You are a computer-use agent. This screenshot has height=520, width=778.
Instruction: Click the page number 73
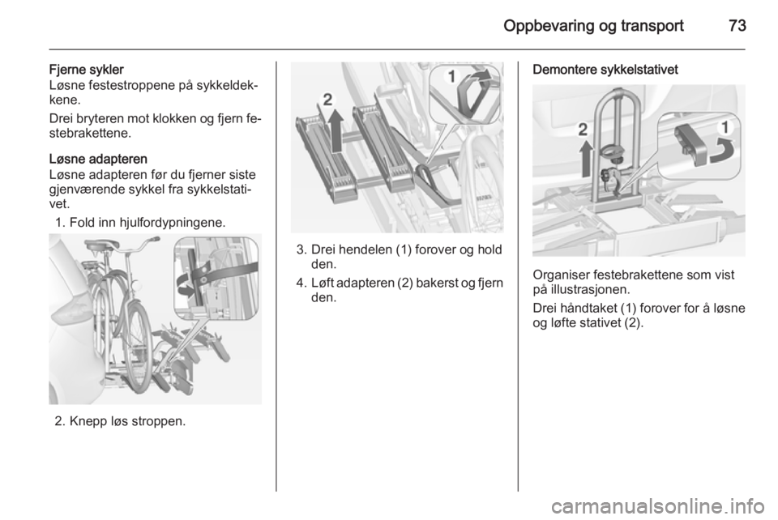tap(737, 25)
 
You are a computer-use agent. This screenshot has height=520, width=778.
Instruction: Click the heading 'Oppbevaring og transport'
tap(593, 26)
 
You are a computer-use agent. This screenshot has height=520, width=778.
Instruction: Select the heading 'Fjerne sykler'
tap(87, 70)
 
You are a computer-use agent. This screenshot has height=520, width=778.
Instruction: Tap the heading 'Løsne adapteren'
tap(98, 159)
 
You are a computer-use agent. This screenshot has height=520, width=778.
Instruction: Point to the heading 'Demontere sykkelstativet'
tap(605, 70)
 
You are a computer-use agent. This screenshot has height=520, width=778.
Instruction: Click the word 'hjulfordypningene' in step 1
tap(172, 223)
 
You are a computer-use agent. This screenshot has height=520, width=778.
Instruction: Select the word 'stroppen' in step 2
tap(160, 421)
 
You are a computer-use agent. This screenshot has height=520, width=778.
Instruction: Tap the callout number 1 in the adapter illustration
tap(451, 77)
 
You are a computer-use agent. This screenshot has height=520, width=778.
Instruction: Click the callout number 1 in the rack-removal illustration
tap(725, 128)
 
